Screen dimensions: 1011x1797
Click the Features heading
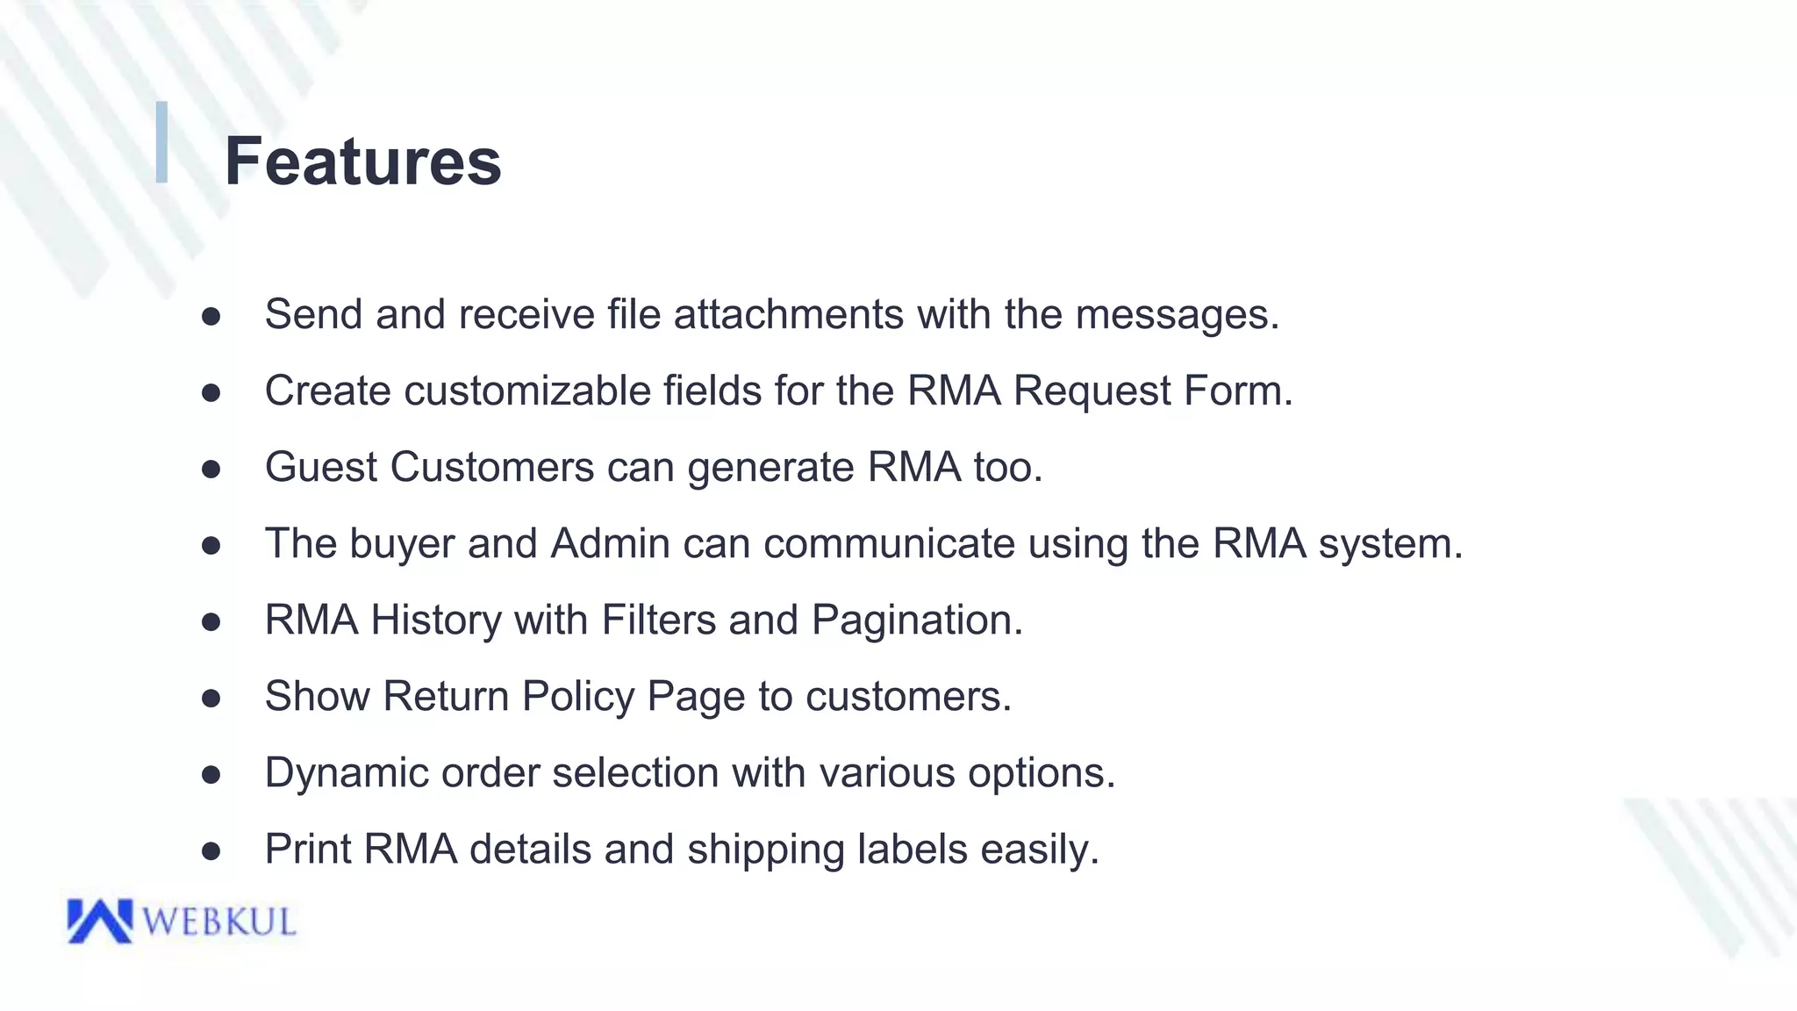[362, 161]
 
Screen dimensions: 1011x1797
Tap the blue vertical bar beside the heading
[161, 142]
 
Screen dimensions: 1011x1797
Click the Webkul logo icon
[99, 921]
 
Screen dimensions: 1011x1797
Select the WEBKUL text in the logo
[219, 922]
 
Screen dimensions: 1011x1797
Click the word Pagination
[916, 620]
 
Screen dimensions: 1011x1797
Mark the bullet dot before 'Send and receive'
[211, 316]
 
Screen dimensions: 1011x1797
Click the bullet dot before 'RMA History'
[211, 622]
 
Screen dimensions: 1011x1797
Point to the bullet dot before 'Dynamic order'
[211, 775]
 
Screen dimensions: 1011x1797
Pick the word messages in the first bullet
[1177, 314]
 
